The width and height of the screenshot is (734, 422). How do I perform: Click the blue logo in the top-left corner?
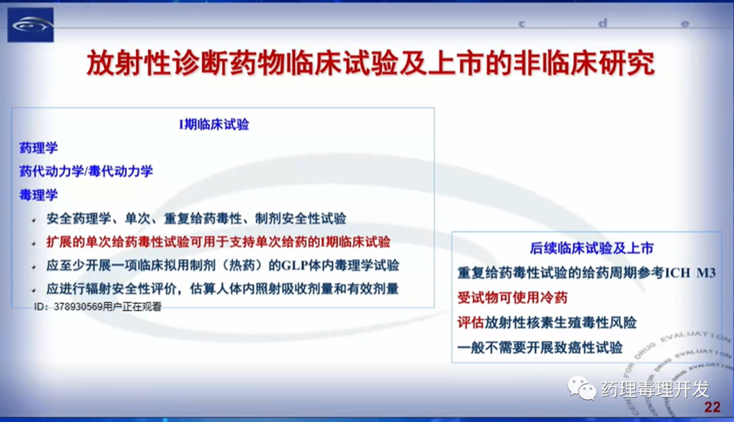[x=31, y=24]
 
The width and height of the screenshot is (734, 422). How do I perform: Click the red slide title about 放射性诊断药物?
[x=371, y=63]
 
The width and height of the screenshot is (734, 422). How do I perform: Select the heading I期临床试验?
[x=214, y=124]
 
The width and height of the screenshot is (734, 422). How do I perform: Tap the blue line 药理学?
[x=38, y=148]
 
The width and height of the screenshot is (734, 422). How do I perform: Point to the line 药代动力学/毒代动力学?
[x=86, y=171]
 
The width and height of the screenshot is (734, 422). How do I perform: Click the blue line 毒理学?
[x=38, y=194]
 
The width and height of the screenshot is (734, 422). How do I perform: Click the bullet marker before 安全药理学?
[x=34, y=219]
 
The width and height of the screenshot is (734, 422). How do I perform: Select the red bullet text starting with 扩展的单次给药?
[x=218, y=242]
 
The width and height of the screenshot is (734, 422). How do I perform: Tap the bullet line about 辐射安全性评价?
[x=222, y=289]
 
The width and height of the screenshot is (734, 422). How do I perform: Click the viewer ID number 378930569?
[x=78, y=307]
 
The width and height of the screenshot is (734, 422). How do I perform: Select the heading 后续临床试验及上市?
[x=592, y=248]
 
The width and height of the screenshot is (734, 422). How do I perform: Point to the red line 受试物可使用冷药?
[x=512, y=298]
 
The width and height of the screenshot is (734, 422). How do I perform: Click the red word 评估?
[x=470, y=322]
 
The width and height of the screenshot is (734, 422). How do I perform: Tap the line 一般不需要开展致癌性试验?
[x=540, y=348]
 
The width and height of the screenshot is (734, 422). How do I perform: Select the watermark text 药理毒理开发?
[x=655, y=389]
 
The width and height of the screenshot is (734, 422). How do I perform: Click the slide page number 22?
[x=712, y=407]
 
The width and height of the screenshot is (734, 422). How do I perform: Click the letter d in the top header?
[x=603, y=22]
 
